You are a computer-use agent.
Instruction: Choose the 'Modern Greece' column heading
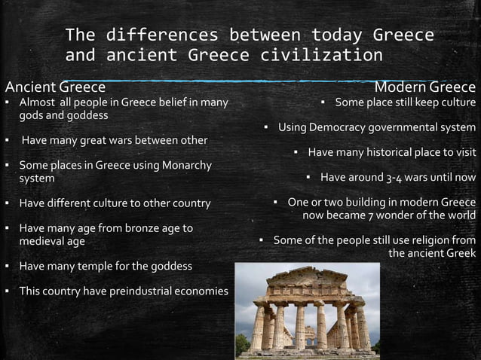(x=430, y=87)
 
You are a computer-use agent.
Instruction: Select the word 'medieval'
(x=42, y=242)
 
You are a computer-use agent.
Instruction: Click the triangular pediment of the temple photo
(x=307, y=274)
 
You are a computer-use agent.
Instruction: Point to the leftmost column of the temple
(x=258, y=328)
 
